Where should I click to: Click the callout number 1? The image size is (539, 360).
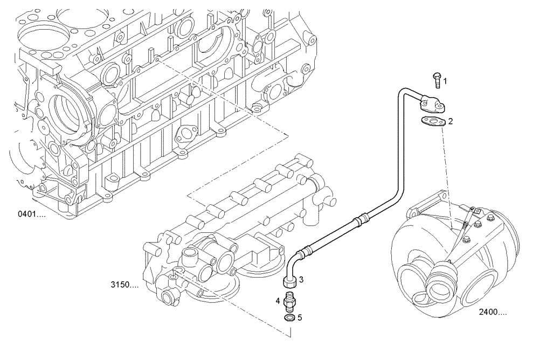[445, 81]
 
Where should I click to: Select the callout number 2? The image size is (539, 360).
[451, 121]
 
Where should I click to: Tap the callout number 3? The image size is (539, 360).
[301, 279]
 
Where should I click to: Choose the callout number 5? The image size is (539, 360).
[300, 317]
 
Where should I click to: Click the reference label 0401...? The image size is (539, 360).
[32, 214]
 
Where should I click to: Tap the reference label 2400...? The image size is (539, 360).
[492, 311]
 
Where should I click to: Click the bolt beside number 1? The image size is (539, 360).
[437, 79]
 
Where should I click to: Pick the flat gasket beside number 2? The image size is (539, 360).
[433, 122]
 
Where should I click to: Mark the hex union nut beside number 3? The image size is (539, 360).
[289, 281]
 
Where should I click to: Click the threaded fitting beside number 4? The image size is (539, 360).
[289, 300]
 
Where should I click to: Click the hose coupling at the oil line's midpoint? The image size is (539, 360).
[361, 219]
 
